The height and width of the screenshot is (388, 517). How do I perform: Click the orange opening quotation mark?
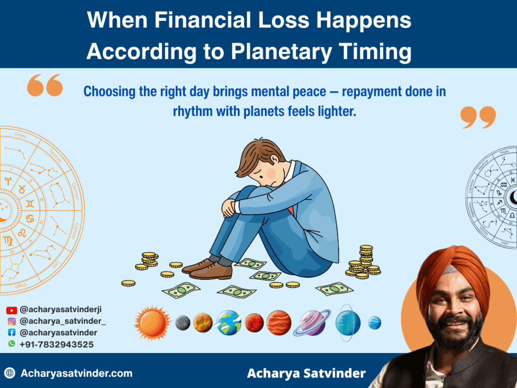click(45, 85)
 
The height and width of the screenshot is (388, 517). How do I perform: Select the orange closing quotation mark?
click(478, 117)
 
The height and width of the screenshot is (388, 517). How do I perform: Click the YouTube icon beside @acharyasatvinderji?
click(12, 310)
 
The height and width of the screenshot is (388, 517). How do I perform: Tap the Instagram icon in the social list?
click(12, 321)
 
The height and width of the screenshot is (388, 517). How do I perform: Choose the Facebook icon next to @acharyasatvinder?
click(12, 333)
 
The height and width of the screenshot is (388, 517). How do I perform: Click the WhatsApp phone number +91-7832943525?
click(57, 344)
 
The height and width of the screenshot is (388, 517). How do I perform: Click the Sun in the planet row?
click(152, 322)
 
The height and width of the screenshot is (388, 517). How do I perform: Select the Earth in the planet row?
click(229, 323)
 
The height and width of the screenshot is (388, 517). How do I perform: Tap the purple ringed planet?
click(313, 323)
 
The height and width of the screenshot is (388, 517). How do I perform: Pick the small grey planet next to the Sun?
click(183, 322)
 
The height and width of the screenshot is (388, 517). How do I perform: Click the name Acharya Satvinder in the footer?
click(306, 374)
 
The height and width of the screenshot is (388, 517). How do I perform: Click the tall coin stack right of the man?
click(365, 259)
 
